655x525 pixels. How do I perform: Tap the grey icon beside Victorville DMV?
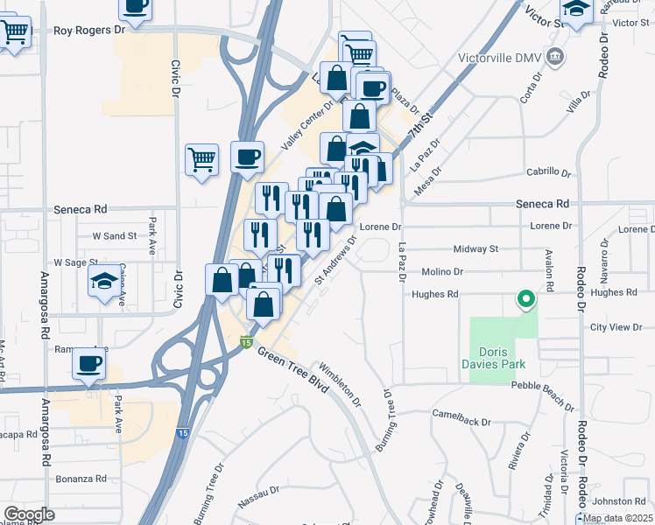point(554,58)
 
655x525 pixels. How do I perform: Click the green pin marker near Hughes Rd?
point(525,300)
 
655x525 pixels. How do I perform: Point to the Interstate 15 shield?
point(247,341)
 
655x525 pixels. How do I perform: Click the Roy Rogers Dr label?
point(89,30)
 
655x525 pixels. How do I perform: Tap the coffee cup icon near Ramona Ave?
point(88,362)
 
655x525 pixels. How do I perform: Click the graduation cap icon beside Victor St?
point(577,10)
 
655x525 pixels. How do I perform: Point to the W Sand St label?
point(114,236)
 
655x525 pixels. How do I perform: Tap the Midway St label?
point(475,248)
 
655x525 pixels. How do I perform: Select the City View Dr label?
point(616,327)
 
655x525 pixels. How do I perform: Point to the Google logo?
point(30,514)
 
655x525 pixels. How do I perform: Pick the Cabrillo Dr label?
point(548,171)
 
